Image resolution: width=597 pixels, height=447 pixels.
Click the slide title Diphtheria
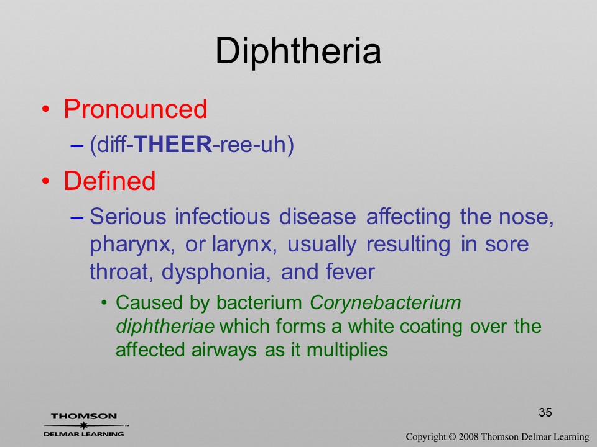[x=298, y=52]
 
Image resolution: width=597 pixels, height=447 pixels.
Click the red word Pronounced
[x=135, y=109]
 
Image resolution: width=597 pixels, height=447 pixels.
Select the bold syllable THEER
[x=174, y=145]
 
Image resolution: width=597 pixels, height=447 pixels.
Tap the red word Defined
[x=109, y=180]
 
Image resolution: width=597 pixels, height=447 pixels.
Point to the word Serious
[x=128, y=216]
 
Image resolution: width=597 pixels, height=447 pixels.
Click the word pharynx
[x=132, y=245]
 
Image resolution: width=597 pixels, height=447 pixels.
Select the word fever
[x=350, y=272]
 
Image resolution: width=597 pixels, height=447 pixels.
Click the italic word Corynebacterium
[x=386, y=304]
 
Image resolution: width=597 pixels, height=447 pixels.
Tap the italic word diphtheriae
[x=165, y=327]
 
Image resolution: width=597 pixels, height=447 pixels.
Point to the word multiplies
[x=347, y=350]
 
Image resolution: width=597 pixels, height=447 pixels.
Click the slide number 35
[x=545, y=412]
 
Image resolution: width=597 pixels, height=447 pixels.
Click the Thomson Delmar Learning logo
[x=85, y=425]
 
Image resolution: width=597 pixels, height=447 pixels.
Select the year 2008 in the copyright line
[x=468, y=436]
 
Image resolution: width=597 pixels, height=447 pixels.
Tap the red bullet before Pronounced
[x=45, y=109]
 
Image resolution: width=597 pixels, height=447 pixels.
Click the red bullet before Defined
[x=45, y=181]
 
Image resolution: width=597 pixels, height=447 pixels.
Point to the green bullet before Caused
[x=104, y=304]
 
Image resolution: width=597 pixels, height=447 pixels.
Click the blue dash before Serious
[x=77, y=217]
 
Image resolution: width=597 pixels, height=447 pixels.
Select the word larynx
[x=244, y=245]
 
